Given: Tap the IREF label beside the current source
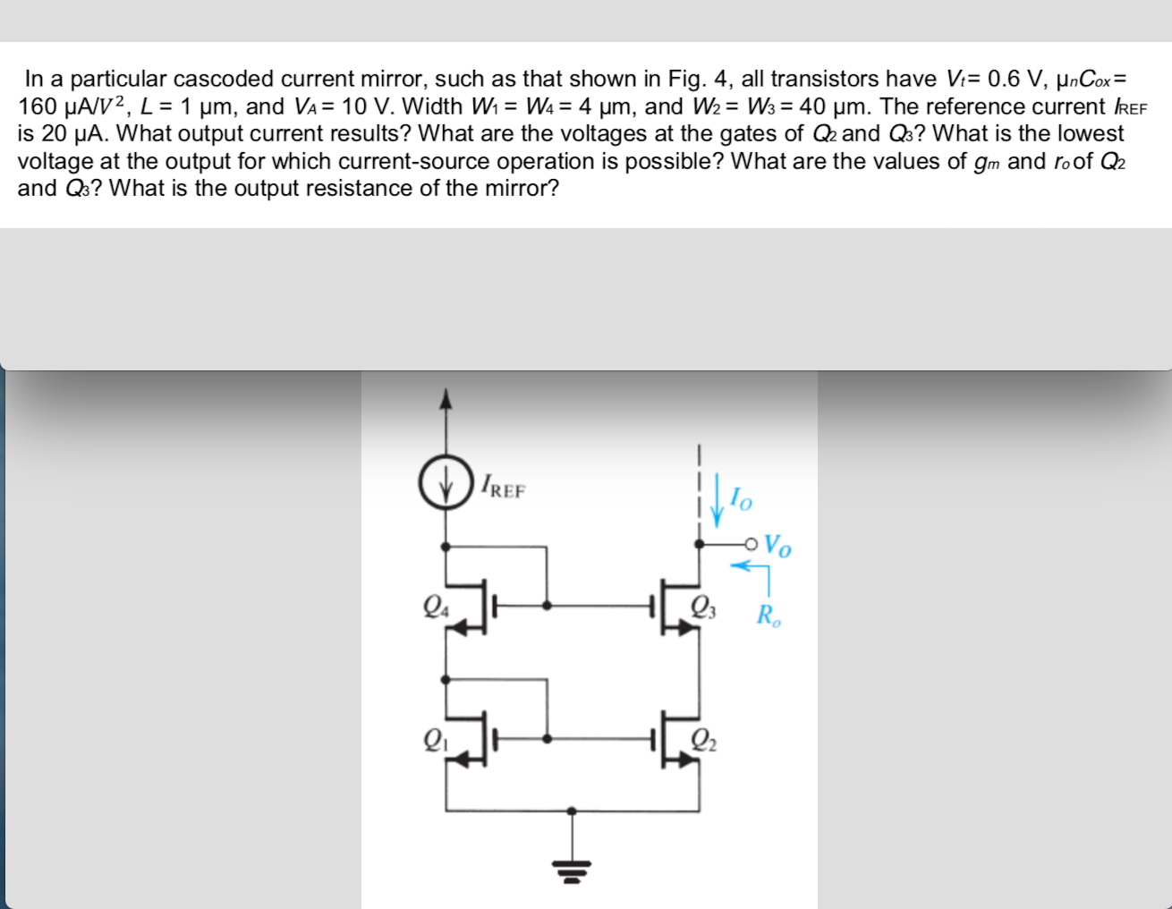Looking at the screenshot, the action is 503,488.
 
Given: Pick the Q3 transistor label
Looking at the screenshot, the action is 703,608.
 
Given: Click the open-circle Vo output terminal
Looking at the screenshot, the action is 751,543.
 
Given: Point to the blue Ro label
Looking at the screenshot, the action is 769,616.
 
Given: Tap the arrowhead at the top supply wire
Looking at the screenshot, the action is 446,397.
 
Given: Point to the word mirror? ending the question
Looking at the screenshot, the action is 522,189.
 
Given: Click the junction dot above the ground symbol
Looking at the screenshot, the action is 573,811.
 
